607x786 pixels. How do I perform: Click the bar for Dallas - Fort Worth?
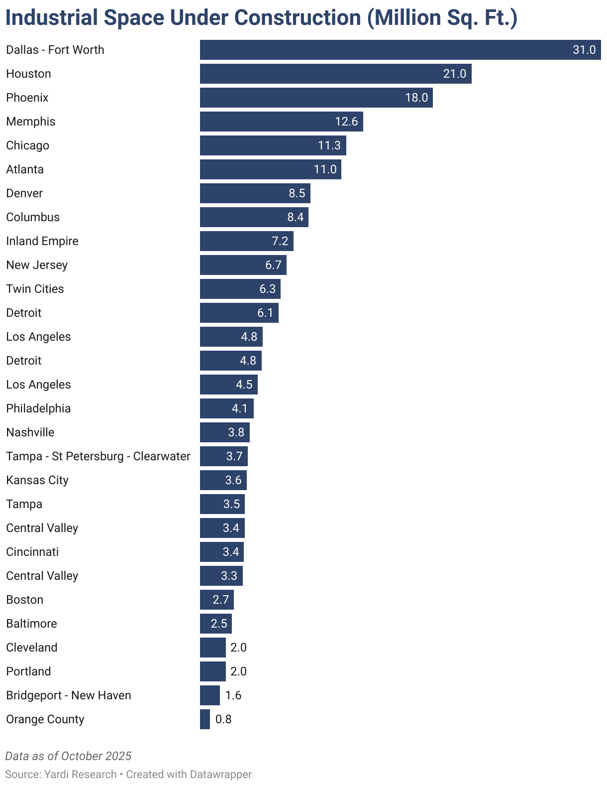[401, 50]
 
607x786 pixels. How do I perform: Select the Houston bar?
[336, 74]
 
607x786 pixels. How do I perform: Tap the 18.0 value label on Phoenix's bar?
[416, 98]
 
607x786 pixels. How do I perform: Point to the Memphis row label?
[31, 122]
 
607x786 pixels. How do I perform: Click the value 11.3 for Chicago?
[329, 145]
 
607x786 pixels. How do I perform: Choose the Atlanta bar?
[271, 169]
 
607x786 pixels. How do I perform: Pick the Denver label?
[24, 193]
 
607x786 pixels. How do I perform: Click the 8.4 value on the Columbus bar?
[296, 217]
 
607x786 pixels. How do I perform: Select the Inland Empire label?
[42, 241]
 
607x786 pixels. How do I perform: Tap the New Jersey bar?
[243, 265]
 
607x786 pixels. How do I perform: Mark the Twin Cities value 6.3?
[267, 288]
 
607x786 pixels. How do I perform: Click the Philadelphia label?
[38, 408]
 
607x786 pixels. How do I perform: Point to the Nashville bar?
[225, 432]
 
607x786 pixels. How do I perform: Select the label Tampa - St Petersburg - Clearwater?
[99, 456]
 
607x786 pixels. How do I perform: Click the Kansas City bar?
[223, 480]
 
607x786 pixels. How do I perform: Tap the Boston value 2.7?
[220, 599]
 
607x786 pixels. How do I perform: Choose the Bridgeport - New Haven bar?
[210, 695]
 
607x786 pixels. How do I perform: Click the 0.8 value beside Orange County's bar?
[223, 719]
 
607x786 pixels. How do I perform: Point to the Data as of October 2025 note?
[68, 756]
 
